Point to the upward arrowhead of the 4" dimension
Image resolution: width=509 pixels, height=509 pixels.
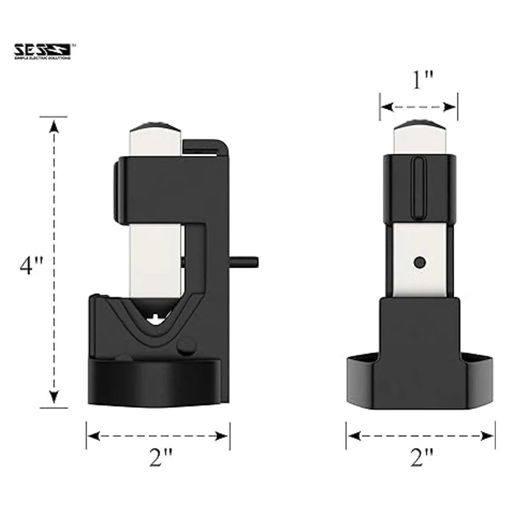54,126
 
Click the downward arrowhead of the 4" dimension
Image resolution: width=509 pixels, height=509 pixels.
54,397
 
